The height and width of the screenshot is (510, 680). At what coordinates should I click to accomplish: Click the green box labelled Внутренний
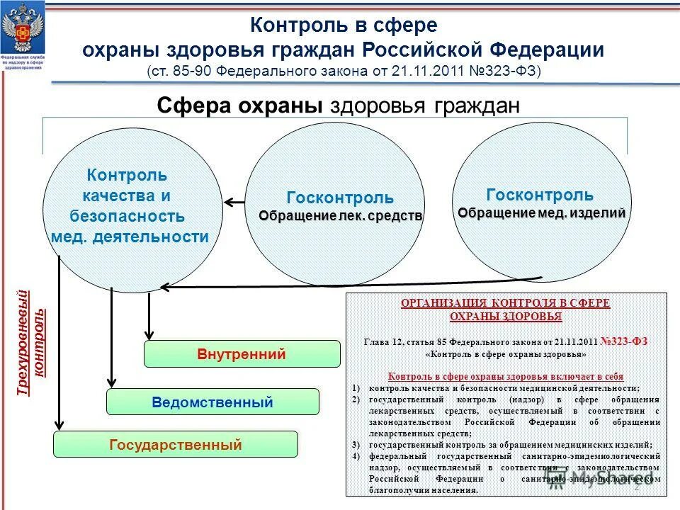pyautogui.click(x=242, y=354)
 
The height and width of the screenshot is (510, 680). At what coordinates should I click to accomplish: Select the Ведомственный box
pyautogui.click(x=212, y=402)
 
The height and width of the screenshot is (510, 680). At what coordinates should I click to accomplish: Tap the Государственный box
pyautogui.click(x=175, y=445)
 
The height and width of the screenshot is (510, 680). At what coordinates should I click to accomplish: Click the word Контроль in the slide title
pyautogui.click(x=298, y=26)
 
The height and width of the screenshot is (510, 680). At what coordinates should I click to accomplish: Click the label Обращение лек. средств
pyautogui.click(x=340, y=215)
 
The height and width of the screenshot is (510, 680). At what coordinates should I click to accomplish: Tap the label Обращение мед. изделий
pyautogui.click(x=542, y=212)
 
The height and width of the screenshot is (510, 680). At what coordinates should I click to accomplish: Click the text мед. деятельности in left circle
pyautogui.click(x=130, y=237)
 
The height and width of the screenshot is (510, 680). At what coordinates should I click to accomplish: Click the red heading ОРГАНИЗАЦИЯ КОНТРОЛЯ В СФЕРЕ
pyautogui.click(x=505, y=303)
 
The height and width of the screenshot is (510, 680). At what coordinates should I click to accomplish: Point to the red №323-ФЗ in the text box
pyautogui.click(x=624, y=341)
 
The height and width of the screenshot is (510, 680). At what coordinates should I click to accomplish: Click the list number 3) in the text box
pyautogui.click(x=356, y=445)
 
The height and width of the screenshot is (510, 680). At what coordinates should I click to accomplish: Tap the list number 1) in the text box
pyautogui.click(x=356, y=388)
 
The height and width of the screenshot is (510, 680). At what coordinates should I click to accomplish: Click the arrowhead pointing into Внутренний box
pyautogui.click(x=149, y=334)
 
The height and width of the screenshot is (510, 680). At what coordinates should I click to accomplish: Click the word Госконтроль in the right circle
pyautogui.click(x=540, y=195)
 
